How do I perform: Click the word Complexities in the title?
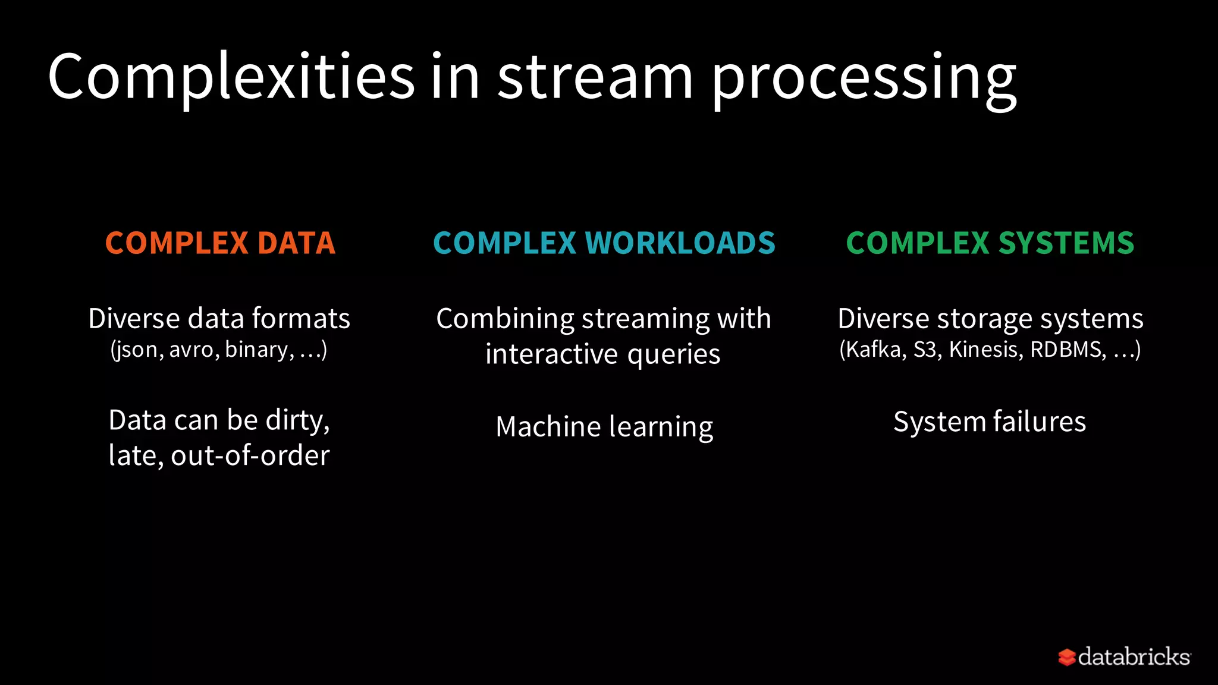(x=231, y=77)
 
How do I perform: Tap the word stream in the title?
(x=595, y=77)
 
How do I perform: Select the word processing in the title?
(x=864, y=80)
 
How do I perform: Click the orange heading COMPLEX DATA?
(x=220, y=243)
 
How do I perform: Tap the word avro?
(x=191, y=350)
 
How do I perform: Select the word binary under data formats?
(x=258, y=350)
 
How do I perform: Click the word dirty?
(x=297, y=420)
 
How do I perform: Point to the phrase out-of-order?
(x=250, y=455)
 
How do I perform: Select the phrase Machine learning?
(x=604, y=427)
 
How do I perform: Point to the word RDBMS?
(x=1067, y=350)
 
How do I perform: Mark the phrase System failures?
(x=990, y=422)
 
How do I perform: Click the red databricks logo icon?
(x=1067, y=657)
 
